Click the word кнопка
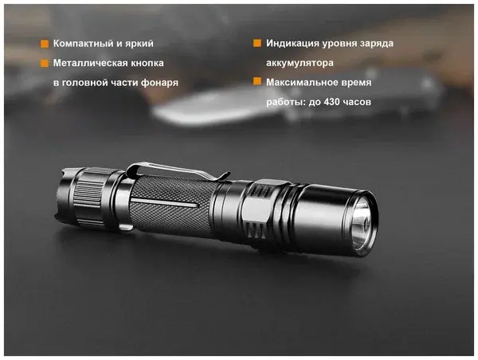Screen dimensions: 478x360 [147, 63]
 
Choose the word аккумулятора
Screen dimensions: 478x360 [300, 63]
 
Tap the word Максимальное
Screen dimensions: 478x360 [300, 82]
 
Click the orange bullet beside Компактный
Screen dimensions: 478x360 [45, 44]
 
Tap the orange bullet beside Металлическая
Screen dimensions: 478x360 [45, 63]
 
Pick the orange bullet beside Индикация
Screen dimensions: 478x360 [257, 43]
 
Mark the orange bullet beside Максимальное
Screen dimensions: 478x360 [257, 81]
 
